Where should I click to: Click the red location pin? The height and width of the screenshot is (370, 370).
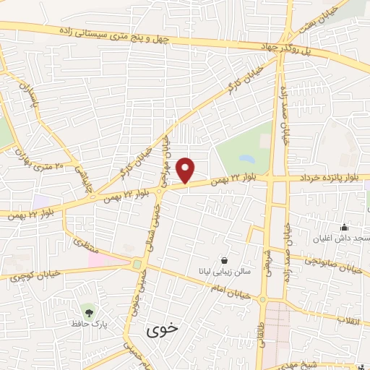pyautogui.click(x=186, y=171)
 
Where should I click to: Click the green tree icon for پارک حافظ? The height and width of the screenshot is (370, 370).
pyautogui.click(x=89, y=311)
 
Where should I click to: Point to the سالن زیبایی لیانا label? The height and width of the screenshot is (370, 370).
pyautogui.click(x=226, y=272)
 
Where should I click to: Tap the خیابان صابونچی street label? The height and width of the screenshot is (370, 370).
pyautogui.click(x=332, y=265)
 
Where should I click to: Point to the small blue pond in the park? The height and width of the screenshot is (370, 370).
pyautogui.click(x=246, y=158)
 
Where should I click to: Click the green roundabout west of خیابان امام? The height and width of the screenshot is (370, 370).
pyautogui.click(x=137, y=265)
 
